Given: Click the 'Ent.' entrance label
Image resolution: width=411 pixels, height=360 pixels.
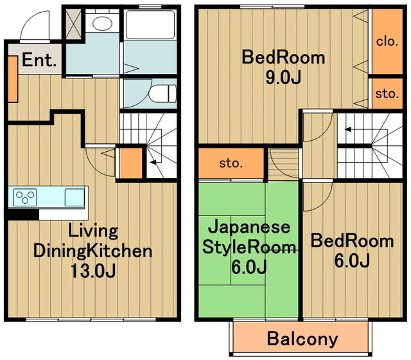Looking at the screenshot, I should pyautogui.click(x=40, y=61).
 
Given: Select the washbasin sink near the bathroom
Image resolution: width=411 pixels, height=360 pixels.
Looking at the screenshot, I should pyautogui.click(x=101, y=24).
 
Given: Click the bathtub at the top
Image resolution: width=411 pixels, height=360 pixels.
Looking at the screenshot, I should pyautogui.click(x=149, y=26).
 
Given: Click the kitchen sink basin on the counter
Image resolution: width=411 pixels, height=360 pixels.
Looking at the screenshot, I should pyautogui.click(x=74, y=197).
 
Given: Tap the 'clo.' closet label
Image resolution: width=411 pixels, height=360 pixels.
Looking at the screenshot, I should pyautogui.click(x=387, y=42).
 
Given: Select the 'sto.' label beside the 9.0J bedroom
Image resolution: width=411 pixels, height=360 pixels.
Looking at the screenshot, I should pyautogui.click(x=387, y=93).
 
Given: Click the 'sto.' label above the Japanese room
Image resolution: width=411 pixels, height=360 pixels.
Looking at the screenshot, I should pyautogui.click(x=231, y=163).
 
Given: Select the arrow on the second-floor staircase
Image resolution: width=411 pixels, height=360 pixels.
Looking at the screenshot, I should pyautogui.click(x=347, y=129).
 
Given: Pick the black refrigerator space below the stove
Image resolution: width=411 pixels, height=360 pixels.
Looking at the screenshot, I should pyautogui.click(x=24, y=215).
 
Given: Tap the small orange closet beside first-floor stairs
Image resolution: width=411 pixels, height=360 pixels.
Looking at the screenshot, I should pyautogui.click(x=130, y=162).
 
